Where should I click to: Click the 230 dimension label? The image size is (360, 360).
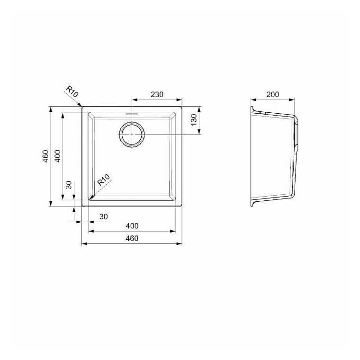click(x=157, y=94)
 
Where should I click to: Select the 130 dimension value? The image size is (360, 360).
click(x=193, y=120)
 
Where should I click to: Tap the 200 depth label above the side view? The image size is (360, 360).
click(x=272, y=94)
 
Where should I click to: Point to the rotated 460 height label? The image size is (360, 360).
click(x=45, y=156)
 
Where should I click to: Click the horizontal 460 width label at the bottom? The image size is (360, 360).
click(x=132, y=238)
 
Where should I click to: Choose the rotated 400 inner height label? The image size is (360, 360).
click(x=57, y=156)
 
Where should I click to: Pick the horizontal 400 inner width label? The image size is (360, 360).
click(x=132, y=226)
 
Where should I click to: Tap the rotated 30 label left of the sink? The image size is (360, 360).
click(x=69, y=185)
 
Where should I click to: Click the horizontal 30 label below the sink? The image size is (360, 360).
click(x=103, y=216)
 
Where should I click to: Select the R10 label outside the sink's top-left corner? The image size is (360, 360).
click(x=71, y=92)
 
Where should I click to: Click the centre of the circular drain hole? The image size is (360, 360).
click(x=131, y=135)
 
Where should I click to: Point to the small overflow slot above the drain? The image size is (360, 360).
click(x=131, y=114)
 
